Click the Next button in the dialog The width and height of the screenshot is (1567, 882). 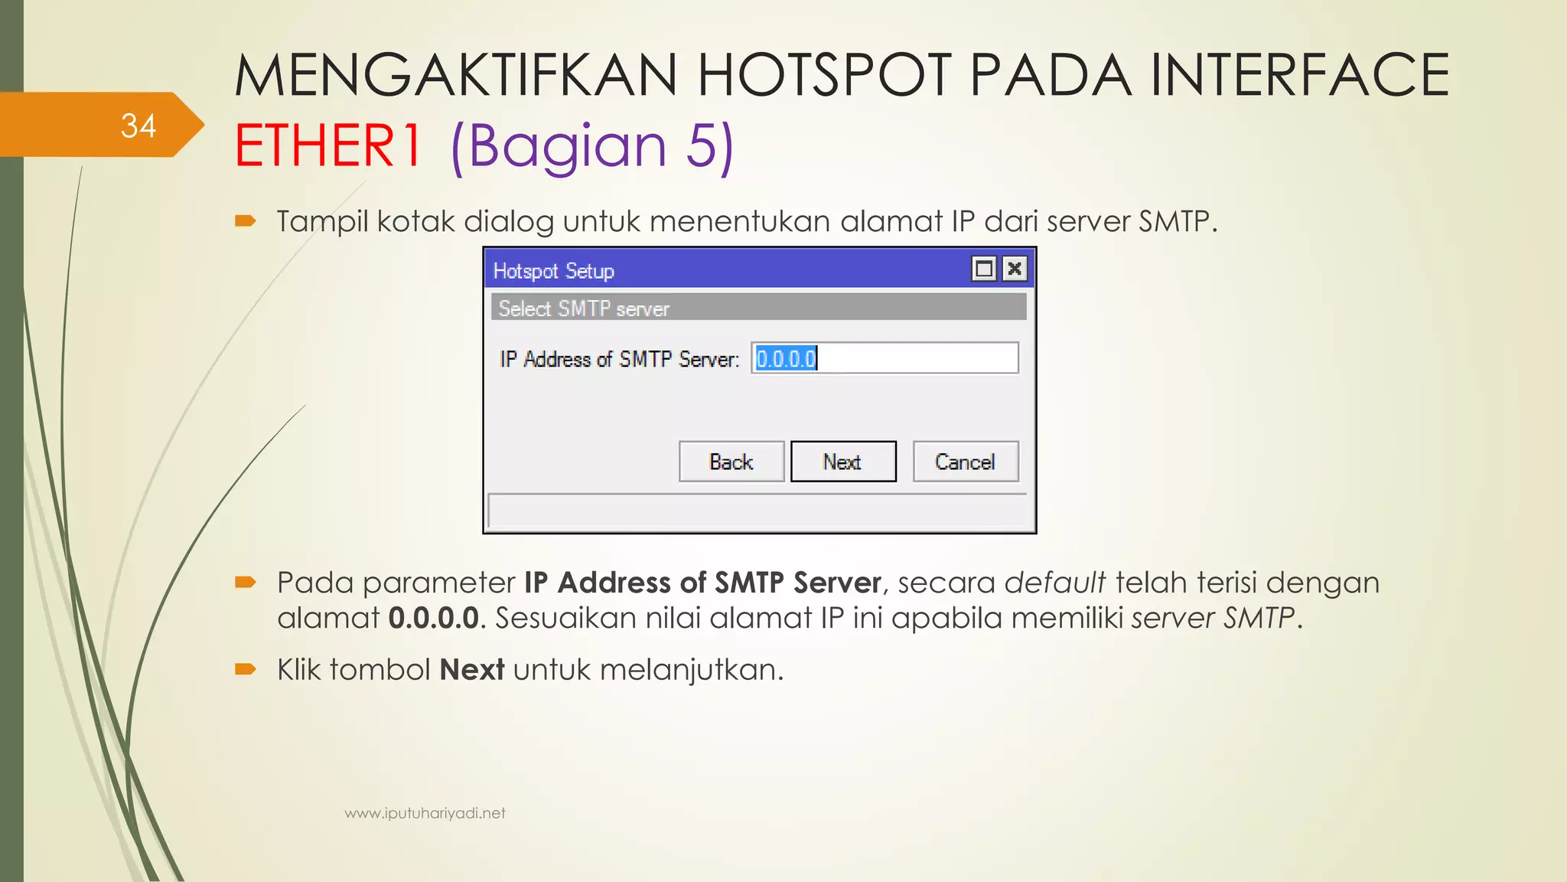tap(842, 462)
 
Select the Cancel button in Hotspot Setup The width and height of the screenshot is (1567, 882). tap(965, 462)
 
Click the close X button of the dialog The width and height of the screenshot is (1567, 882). tap(1015, 269)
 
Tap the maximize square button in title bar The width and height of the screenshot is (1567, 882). tap(984, 269)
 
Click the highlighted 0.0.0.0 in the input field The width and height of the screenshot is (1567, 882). tap(786, 358)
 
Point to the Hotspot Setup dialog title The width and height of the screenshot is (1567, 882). tap(553, 271)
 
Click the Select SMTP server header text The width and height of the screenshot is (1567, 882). tap(584, 309)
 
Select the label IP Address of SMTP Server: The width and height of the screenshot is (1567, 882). tap(619, 359)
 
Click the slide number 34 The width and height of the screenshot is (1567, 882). tap(138, 126)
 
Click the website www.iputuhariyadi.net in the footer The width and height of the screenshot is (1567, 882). tap(425, 813)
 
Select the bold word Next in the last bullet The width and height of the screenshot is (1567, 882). tap(471, 670)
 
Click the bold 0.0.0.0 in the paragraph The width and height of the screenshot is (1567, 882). tap(433, 618)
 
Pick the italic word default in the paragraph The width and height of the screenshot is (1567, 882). tap(1054, 583)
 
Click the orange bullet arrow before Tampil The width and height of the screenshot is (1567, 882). tap(245, 221)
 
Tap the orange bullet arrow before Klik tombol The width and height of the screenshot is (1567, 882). tap(245, 670)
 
